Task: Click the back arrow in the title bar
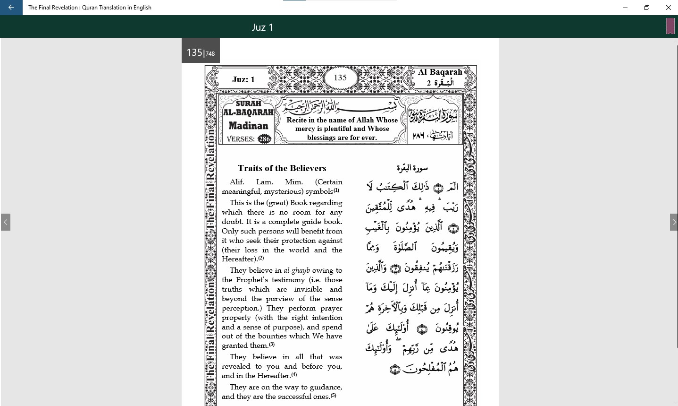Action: (11, 8)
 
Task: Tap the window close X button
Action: (668, 8)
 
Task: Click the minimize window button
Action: (625, 8)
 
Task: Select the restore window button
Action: (647, 8)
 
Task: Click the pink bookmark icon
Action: (670, 26)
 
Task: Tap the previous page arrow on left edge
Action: (6, 222)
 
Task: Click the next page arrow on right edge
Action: (673, 222)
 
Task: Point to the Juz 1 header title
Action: (262, 27)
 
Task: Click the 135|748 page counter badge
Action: (201, 52)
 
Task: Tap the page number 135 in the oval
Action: (340, 78)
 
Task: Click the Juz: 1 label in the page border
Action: (243, 79)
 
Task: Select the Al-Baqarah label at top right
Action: (440, 72)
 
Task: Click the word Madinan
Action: (248, 126)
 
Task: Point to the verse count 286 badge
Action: (265, 139)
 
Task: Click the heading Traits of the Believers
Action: (282, 168)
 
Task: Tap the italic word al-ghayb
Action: (296, 270)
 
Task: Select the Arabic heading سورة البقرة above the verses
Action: (412, 168)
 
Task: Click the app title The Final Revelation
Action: (90, 8)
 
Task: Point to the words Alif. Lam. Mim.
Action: (266, 182)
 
